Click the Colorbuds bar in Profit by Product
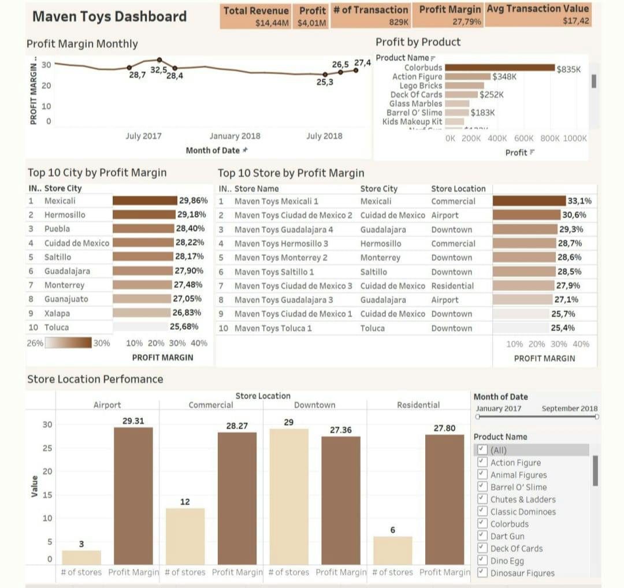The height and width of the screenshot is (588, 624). (x=499, y=68)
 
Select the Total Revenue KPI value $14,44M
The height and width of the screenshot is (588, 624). (x=272, y=23)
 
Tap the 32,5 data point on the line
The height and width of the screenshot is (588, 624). (x=159, y=59)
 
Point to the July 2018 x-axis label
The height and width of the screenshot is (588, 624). (x=324, y=136)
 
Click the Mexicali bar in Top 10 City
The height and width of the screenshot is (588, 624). (x=144, y=201)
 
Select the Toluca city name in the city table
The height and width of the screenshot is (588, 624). (x=57, y=328)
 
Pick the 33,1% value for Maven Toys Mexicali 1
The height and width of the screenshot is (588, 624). (x=580, y=201)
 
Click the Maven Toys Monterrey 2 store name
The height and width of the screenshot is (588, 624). (x=281, y=258)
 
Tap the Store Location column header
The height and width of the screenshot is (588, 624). (x=458, y=188)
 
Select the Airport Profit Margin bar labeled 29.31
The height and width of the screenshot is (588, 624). (x=133, y=496)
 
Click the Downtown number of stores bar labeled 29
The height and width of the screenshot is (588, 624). (x=289, y=496)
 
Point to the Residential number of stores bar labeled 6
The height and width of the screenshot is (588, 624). (x=393, y=550)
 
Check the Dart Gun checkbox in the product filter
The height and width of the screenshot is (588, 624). (x=482, y=536)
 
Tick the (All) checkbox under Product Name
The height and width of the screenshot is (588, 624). (x=482, y=450)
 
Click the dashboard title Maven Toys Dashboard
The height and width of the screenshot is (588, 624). (x=109, y=16)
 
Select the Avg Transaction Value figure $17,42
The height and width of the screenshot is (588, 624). (x=575, y=21)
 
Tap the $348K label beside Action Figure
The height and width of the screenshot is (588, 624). (x=504, y=76)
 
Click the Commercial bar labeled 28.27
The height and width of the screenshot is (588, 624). (x=237, y=498)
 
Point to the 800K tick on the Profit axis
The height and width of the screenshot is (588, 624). (x=549, y=139)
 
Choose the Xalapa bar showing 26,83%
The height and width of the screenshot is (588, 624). (x=141, y=313)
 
